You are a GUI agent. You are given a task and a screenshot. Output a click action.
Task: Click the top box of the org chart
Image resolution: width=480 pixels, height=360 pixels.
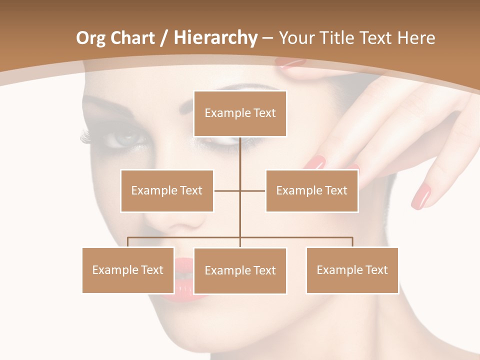[x=240, y=113]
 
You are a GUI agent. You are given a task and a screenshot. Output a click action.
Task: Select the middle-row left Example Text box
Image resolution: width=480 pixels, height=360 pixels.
[x=167, y=190]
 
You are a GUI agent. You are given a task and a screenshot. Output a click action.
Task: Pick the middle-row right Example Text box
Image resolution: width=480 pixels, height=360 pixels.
[x=311, y=190]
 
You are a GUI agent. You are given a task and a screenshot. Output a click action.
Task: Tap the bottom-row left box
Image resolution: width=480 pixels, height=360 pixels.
[x=128, y=270]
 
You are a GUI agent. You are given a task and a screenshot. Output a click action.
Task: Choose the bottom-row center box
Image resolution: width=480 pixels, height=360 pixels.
[x=240, y=270]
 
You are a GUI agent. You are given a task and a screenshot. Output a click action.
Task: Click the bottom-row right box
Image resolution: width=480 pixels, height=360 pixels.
[x=352, y=270]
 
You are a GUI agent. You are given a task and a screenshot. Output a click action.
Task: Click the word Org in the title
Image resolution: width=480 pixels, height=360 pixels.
[x=90, y=38]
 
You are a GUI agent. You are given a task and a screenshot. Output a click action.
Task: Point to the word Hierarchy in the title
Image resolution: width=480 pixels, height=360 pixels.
[x=215, y=38]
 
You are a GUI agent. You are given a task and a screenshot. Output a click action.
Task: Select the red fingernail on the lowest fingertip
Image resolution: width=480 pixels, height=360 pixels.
[x=420, y=196]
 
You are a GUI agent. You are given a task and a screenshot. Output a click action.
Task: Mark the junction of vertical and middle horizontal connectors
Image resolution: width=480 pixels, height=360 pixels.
[x=240, y=190]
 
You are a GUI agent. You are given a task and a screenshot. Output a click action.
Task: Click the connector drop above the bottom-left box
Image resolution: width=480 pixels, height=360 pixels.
[x=128, y=242]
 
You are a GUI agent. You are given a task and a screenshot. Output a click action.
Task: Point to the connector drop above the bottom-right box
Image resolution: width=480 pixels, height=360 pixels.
[x=352, y=242]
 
